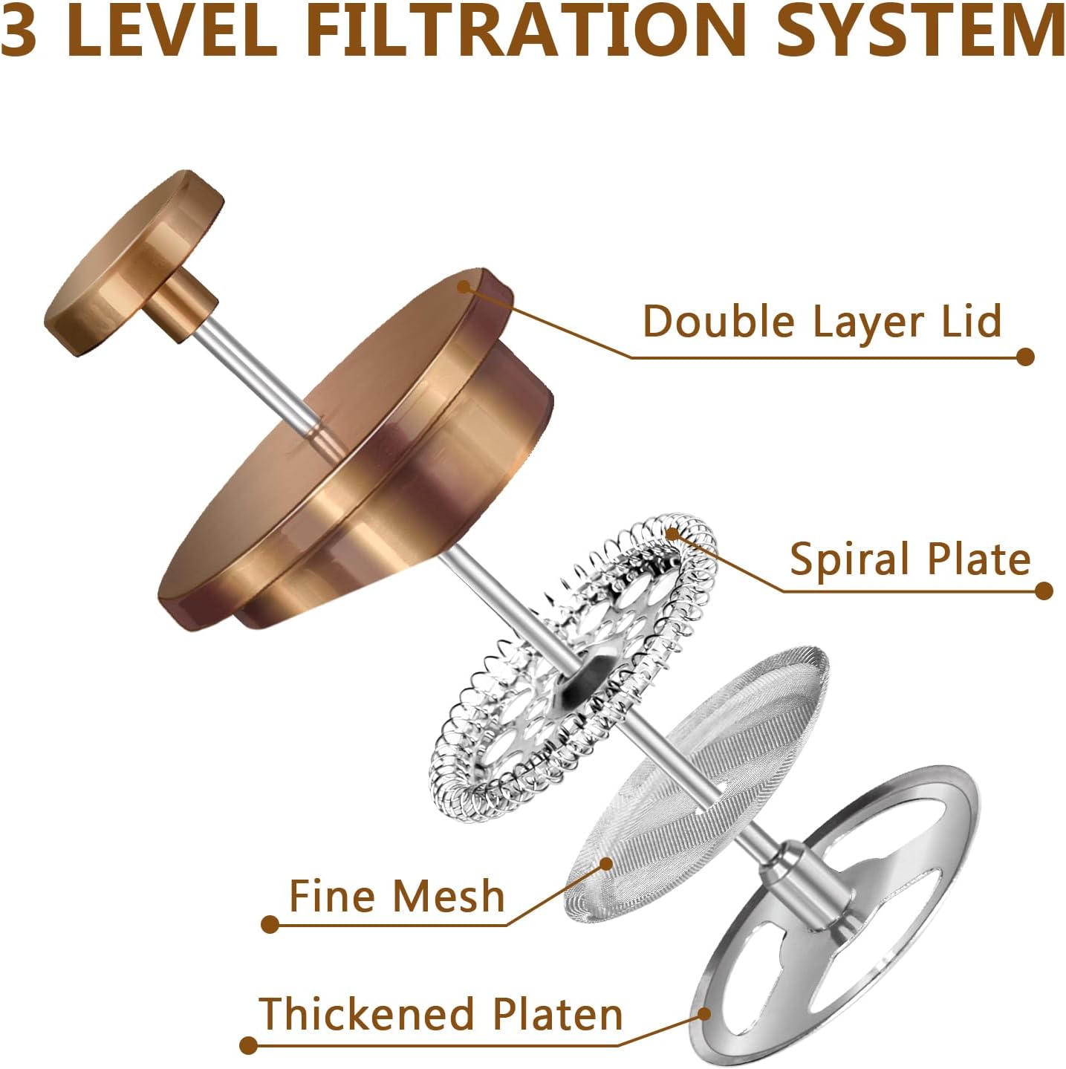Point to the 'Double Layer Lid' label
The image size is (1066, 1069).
(822, 321)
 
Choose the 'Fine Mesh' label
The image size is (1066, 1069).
(396, 895)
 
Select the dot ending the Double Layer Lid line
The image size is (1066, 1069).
(1025, 357)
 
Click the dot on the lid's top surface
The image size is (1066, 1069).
(464, 286)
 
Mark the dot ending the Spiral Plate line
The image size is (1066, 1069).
(1044, 591)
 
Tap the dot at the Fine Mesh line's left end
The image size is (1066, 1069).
(270, 925)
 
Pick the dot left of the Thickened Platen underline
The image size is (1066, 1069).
(248, 1046)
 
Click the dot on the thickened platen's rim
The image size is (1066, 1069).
(704, 1013)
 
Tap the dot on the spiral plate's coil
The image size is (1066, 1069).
(672, 533)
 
